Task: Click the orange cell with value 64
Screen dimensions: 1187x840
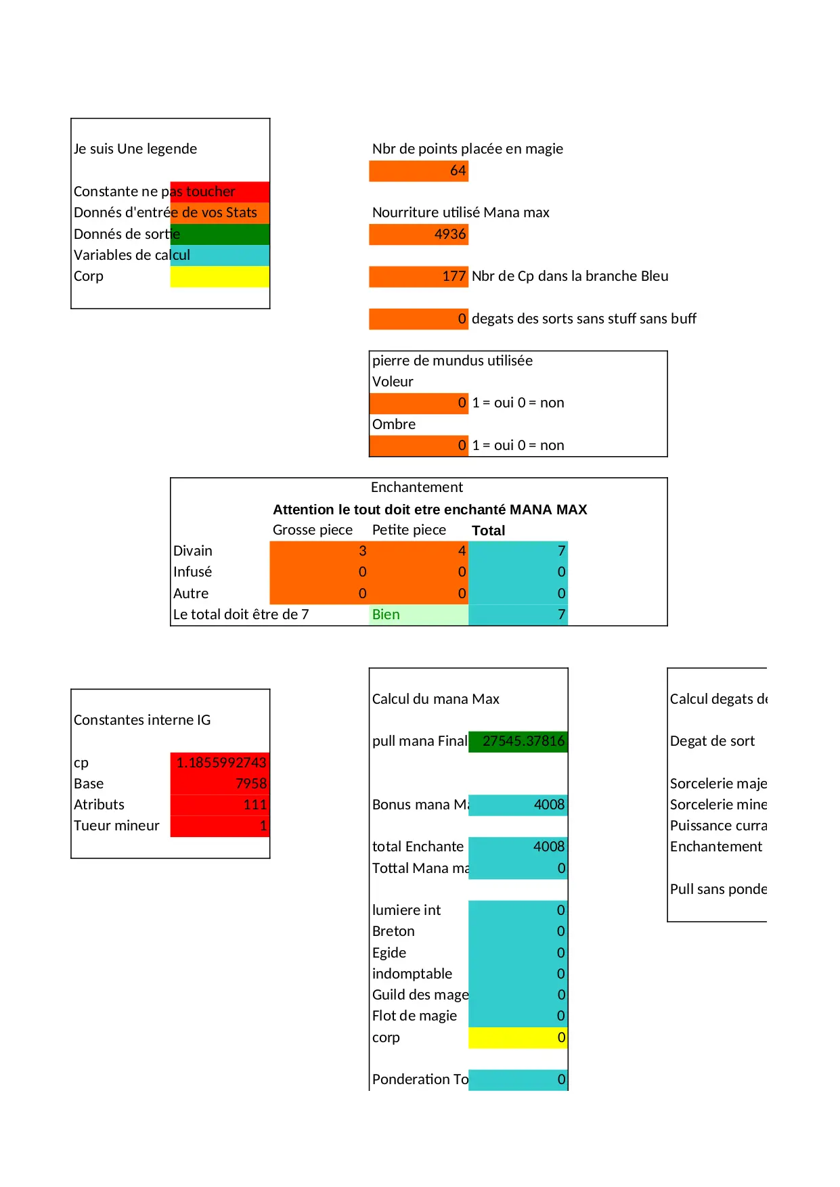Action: click(418, 171)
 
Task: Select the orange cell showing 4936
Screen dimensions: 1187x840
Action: click(418, 234)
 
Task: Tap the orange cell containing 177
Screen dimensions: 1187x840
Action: click(418, 276)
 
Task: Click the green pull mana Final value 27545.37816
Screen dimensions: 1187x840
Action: click(518, 741)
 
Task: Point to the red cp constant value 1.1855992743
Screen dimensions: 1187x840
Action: click(220, 763)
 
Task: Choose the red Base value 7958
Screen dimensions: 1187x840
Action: click(220, 784)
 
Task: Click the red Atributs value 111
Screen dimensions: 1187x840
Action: click(220, 805)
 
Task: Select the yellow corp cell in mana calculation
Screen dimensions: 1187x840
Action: click(518, 1037)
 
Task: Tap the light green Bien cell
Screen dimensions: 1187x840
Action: click(418, 614)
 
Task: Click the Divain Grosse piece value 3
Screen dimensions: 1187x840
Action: click(319, 551)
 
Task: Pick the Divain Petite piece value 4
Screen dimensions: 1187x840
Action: click(418, 551)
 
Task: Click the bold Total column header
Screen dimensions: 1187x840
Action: click(488, 531)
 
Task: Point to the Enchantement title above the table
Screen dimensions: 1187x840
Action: click(417, 487)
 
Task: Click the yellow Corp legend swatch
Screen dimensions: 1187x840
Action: click(220, 276)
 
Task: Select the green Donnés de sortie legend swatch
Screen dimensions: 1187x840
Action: click(220, 234)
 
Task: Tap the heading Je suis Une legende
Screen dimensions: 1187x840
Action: click(135, 149)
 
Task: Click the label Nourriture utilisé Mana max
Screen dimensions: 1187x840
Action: click(460, 212)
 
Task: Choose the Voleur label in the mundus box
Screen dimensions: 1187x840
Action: click(393, 382)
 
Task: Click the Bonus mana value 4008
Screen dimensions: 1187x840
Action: click(518, 805)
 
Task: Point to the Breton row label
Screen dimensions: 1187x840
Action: click(393, 931)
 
